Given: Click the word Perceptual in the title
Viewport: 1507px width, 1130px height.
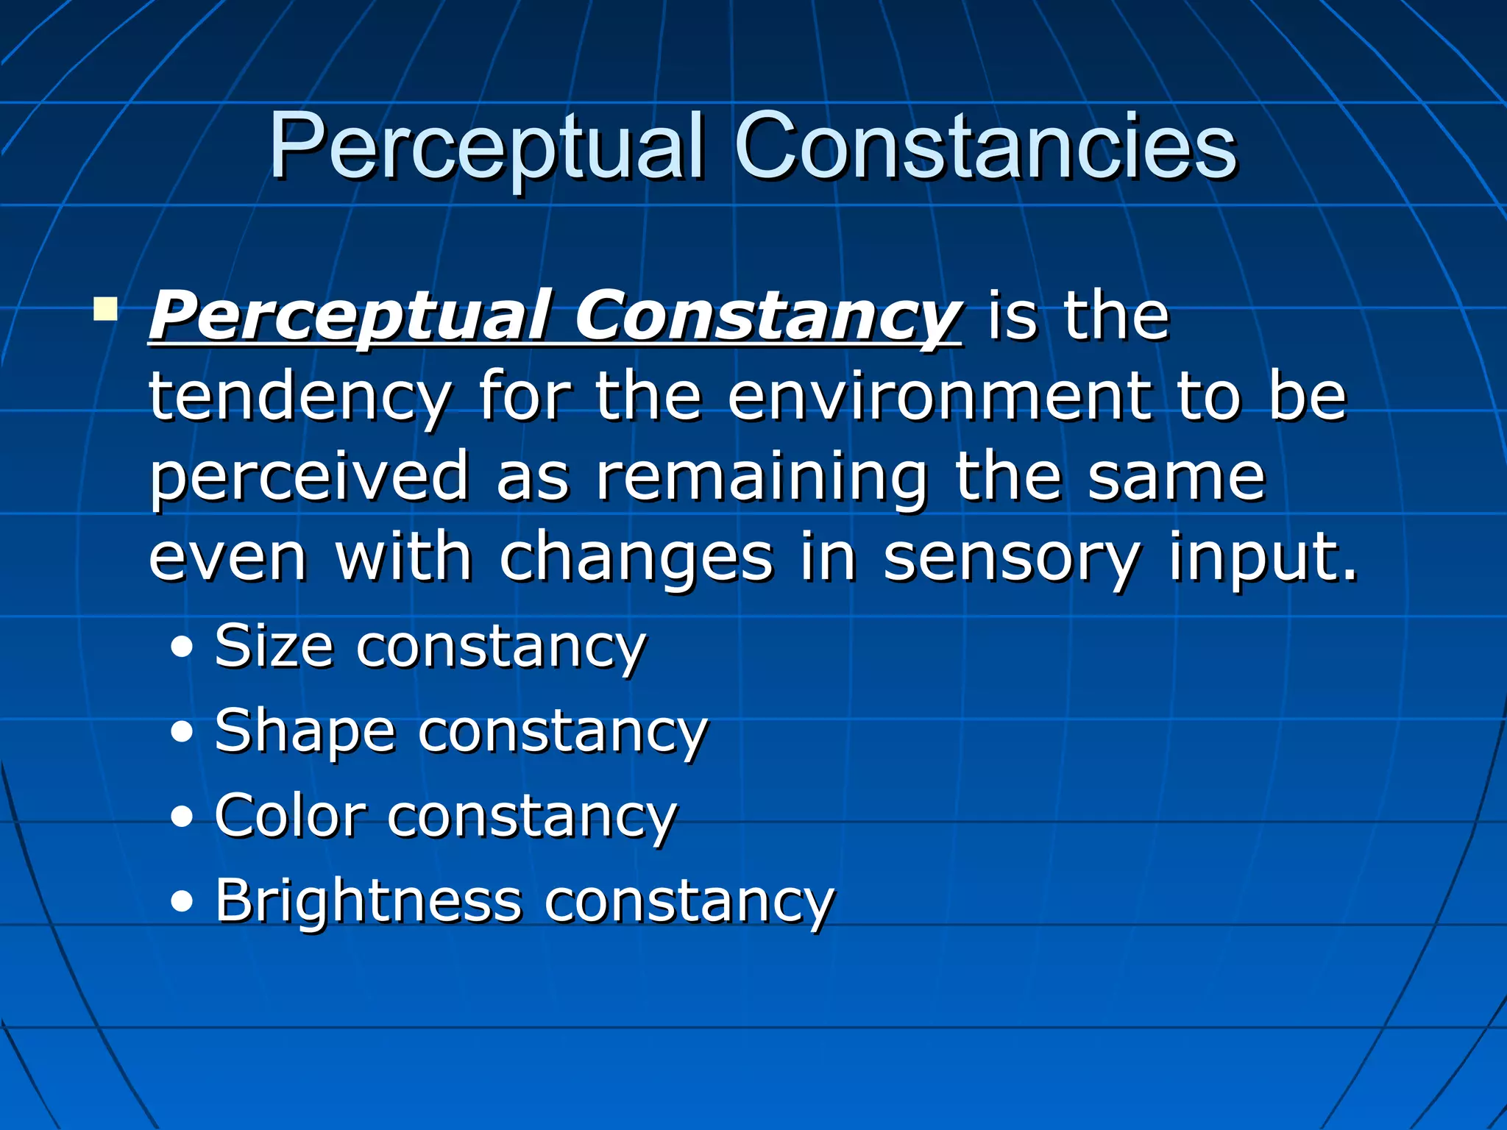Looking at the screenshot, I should point(486,147).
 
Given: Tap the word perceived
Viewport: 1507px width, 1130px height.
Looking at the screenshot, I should point(309,478).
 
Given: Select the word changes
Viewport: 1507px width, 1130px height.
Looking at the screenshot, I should point(637,559).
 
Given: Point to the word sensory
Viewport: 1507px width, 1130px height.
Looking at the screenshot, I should point(1011,559).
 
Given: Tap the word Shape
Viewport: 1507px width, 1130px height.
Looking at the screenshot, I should point(305,733).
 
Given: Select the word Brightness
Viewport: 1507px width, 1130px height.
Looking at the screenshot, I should point(368,900).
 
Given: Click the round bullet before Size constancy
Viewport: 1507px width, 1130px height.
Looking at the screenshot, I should point(182,647).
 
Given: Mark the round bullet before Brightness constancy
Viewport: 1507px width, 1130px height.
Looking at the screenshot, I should point(182,902).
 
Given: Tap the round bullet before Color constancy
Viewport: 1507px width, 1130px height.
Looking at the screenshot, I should point(182,817).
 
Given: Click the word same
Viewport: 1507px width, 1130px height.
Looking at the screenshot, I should point(1177,478).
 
